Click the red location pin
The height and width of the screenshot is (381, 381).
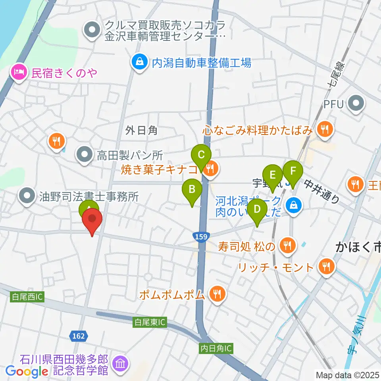point(92,219)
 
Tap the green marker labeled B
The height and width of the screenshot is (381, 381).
point(192,189)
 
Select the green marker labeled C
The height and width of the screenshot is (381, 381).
point(201,155)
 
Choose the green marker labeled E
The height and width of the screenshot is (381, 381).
point(272,175)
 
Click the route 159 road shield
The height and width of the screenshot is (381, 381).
point(201,237)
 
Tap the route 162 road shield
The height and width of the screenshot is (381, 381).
point(78,336)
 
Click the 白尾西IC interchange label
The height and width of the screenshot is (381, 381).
point(27,296)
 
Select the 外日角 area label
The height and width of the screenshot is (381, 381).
point(141,130)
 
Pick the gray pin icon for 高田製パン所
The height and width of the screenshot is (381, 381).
point(84,156)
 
